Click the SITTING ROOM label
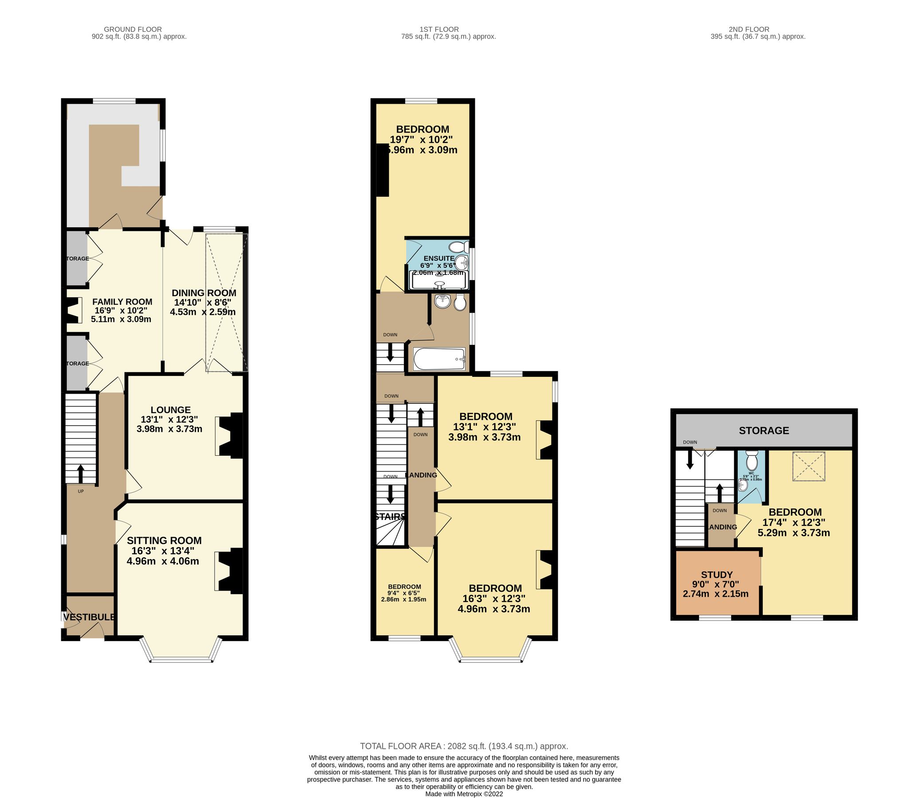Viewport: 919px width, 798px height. tap(164, 540)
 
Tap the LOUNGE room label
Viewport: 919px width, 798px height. tap(171, 410)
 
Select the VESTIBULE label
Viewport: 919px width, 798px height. tap(90, 617)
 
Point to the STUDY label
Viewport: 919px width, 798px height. tap(716, 575)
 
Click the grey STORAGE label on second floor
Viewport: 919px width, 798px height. tap(763, 430)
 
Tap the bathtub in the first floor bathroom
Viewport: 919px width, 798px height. tap(439, 359)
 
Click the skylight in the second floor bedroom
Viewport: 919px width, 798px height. tap(809, 466)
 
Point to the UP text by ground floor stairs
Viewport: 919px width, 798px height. tap(81, 491)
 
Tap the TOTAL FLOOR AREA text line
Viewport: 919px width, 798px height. tap(464, 746)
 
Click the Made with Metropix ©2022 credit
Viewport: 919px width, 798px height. tap(464, 794)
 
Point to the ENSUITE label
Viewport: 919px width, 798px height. tap(439, 258)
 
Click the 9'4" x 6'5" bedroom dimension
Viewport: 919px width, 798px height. tap(403, 593)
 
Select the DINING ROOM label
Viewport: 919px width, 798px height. tap(204, 293)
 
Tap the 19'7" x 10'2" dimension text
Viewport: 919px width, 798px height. tap(421, 139)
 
